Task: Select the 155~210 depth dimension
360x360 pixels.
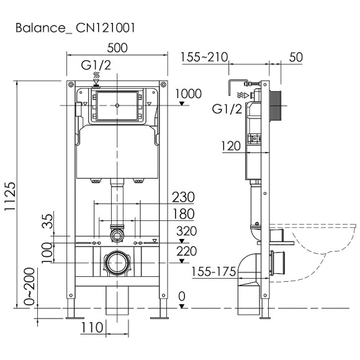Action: pyautogui.click(x=203, y=58)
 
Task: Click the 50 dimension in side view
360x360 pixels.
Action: pyautogui.click(x=295, y=58)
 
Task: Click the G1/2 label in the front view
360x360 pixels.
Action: pyautogui.click(x=96, y=65)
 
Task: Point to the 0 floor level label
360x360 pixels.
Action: pyautogui.click(x=181, y=298)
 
